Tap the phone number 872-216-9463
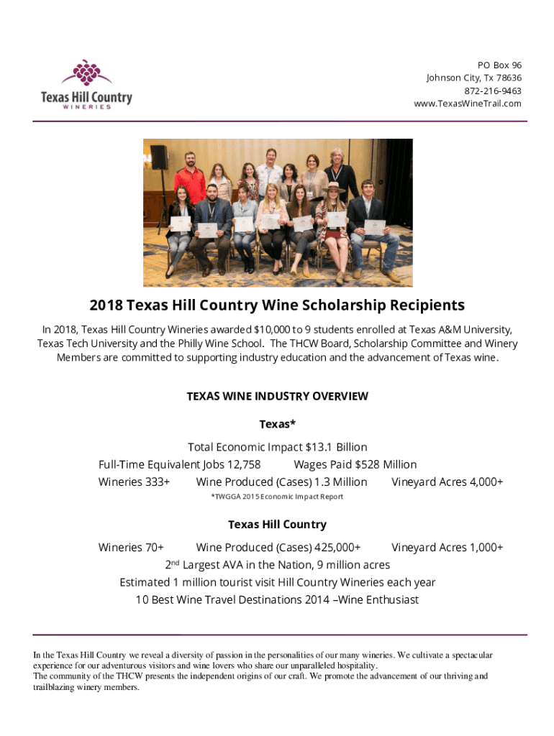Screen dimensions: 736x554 tap(493, 91)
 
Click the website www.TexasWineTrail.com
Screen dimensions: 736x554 tap(468, 103)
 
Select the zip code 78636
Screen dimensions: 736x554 tap(508, 78)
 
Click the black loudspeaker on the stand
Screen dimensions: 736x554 tap(159, 157)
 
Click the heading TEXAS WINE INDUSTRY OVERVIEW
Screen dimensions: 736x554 tap(277, 396)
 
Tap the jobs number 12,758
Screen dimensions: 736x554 tap(244, 464)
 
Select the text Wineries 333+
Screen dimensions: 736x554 tap(134, 482)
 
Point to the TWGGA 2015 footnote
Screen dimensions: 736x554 tap(277, 497)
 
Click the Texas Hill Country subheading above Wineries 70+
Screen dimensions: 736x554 tap(277, 524)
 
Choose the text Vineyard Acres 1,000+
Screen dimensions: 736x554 tap(447, 547)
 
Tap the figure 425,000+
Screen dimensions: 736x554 tap(333, 547)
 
